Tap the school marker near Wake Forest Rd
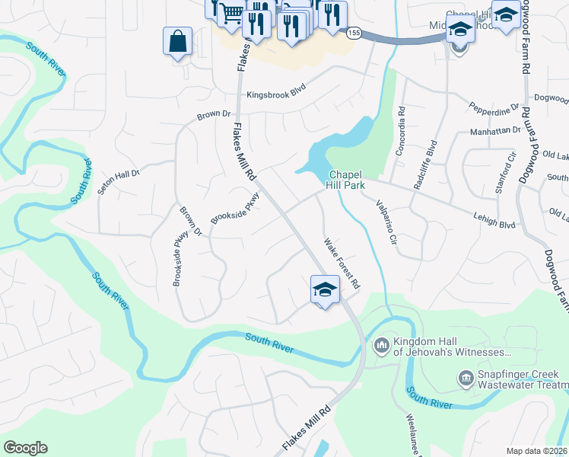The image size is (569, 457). coord(324,290)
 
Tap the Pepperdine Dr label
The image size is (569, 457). coord(493,109)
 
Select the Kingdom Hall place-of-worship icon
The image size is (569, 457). coord(381,346)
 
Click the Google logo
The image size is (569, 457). coord(25,448)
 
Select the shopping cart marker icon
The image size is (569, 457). coord(232,14)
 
